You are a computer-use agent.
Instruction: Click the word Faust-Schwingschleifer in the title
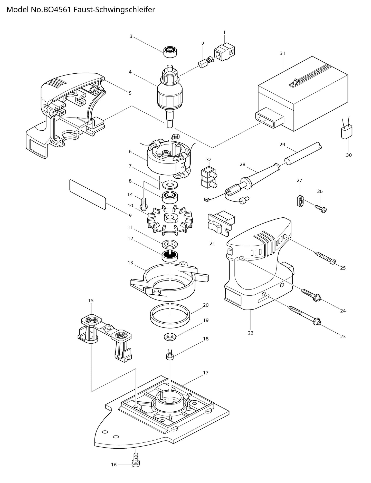click(x=114, y=10)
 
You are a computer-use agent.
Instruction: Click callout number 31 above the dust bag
click(x=282, y=53)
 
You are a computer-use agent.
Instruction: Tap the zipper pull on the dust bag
click(x=295, y=82)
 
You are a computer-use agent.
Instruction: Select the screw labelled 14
click(x=144, y=204)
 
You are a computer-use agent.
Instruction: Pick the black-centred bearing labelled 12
click(x=170, y=255)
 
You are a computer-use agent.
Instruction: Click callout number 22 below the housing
click(x=251, y=333)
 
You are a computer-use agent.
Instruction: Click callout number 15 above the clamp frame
click(x=91, y=300)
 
